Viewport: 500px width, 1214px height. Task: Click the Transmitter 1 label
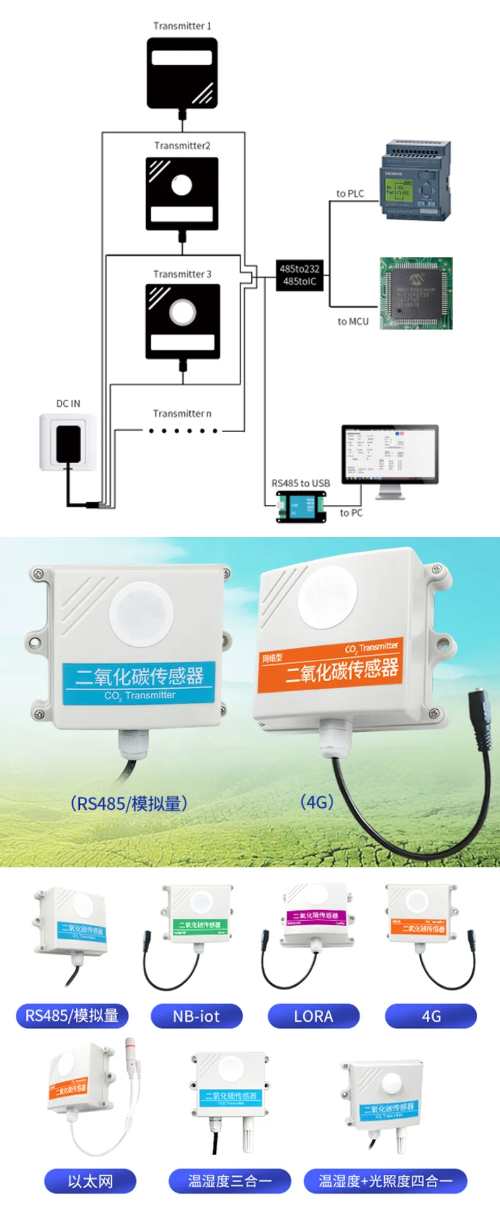(182, 26)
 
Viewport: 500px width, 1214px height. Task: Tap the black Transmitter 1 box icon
(182, 73)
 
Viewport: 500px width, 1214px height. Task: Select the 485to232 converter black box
(299, 275)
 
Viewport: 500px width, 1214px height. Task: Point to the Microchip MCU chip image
(416, 293)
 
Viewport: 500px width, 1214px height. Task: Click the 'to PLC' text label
(350, 194)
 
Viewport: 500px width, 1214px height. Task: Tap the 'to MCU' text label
(353, 321)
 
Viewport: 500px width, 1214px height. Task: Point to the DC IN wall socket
(68, 442)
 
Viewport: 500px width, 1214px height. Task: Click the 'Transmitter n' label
(182, 413)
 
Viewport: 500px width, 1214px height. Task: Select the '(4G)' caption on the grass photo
(316, 802)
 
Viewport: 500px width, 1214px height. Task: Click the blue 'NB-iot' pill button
(196, 1016)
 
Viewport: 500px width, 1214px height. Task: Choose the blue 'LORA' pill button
(313, 1016)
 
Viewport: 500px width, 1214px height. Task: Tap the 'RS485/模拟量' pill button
(72, 1016)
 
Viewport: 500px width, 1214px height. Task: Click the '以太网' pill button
(91, 1181)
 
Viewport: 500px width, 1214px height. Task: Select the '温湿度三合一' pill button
(229, 1181)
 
